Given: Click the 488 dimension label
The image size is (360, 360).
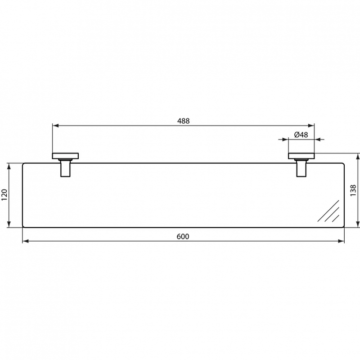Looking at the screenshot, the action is pyautogui.click(x=184, y=121).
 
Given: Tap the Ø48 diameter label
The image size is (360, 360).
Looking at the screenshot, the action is pyautogui.click(x=301, y=135).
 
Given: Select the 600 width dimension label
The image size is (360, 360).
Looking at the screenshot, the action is pyautogui.click(x=183, y=237).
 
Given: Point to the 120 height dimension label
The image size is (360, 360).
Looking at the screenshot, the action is pyautogui.click(x=4, y=195).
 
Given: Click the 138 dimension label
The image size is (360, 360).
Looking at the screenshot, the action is pyautogui.click(x=353, y=190).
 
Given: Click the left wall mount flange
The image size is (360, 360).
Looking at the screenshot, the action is pyautogui.click(x=65, y=156).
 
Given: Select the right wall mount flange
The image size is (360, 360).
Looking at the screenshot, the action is pyautogui.click(x=301, y=156).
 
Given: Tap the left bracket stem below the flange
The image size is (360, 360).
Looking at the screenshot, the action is pyautogui.click(x=65, y=168).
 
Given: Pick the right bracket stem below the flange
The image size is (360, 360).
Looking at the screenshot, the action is pyautogui.click(x=301, y=168).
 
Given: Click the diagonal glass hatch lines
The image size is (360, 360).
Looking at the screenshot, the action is pyautogui.click(x=328, y=211).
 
